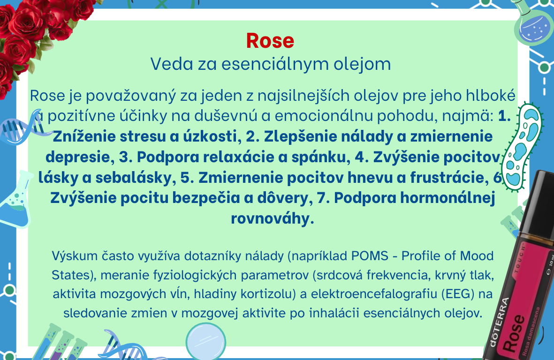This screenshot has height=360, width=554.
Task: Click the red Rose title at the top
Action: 270,41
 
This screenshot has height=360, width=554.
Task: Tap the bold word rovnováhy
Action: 273,218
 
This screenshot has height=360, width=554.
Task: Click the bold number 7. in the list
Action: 323,198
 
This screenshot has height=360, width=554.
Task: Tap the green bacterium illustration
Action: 521,146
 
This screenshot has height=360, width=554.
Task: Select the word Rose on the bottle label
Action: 514,333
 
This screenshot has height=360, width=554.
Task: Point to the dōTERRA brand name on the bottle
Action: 499,322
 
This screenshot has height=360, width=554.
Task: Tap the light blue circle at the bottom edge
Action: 205,341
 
